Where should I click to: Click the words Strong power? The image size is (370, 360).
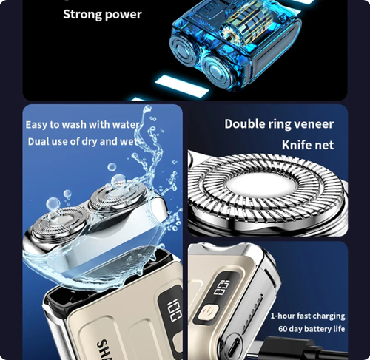(x=102, y=14)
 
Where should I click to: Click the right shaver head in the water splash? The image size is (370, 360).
(x=110, y=201)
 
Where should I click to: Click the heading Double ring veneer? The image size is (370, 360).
(x=279, y=123)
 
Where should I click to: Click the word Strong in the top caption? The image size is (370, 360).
(x=82, y=14)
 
